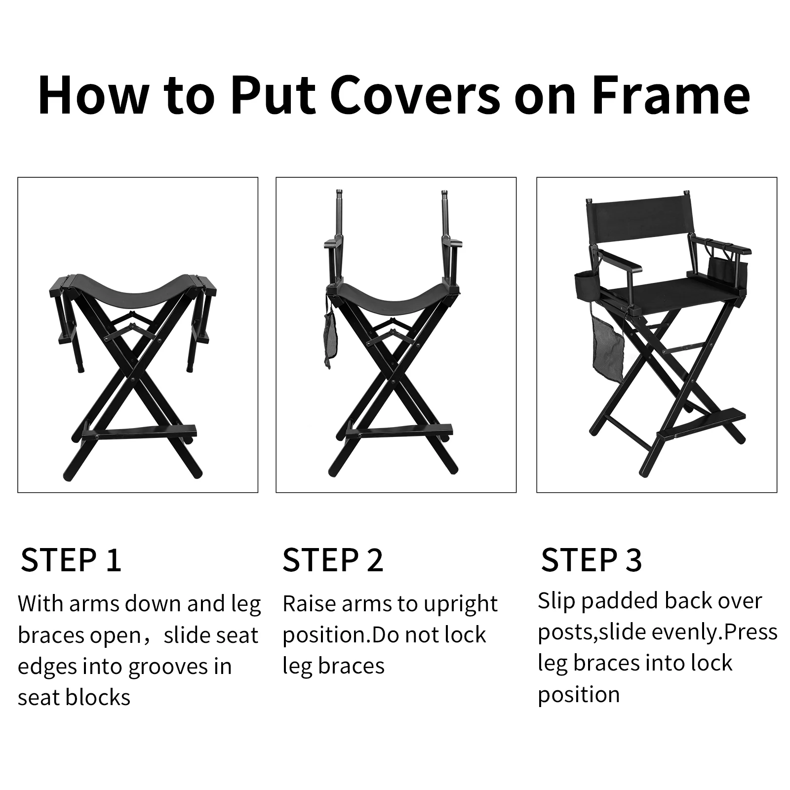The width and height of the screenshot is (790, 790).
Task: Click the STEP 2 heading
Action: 333,560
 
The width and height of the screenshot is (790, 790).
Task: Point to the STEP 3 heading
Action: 592,560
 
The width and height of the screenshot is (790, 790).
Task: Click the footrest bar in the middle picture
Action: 399,433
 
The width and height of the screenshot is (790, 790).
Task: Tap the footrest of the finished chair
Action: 701,425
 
